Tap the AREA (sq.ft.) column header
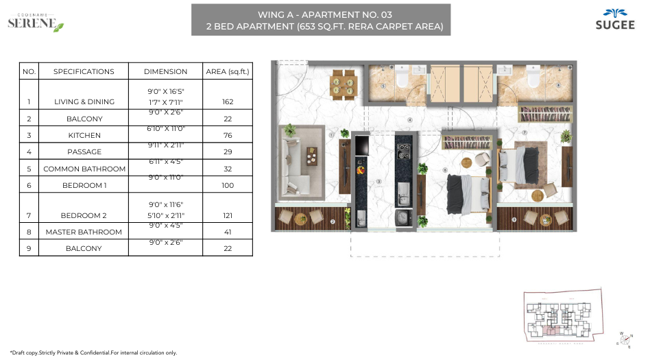(x=228, y=71)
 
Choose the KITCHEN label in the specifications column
(x=84, y=136)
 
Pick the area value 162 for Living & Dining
(x=228, y=101)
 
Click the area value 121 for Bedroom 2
(x=228, y=215)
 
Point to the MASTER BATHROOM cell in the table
(x=84, y=232)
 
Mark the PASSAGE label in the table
(x=84, y=152)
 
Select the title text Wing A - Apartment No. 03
(x=320, y=14)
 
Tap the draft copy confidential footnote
(x=94, y=352)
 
